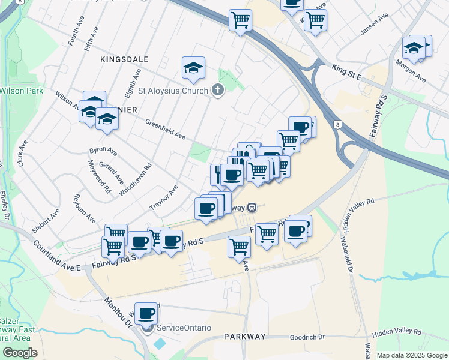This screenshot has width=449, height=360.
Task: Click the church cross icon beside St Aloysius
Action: click(x=217, y=91)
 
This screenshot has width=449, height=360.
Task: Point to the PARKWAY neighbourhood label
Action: click(x=244, y=337)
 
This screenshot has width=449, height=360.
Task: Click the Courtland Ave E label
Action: click(x=57, y=254)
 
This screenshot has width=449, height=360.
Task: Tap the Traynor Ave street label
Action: click(x=163, y=197)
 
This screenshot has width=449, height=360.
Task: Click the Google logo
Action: click(x=20, y=353)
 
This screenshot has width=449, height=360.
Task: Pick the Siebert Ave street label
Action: click(x=46, y=220)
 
